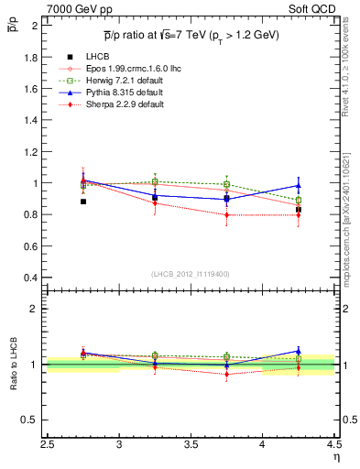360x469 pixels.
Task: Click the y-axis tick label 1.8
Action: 31,57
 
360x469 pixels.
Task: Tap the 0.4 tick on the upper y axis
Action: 31,278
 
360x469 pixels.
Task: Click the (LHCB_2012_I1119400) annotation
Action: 191,273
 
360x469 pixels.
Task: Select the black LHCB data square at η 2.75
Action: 83,202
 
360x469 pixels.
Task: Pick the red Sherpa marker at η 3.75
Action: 226,215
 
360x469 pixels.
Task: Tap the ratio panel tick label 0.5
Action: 31,420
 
